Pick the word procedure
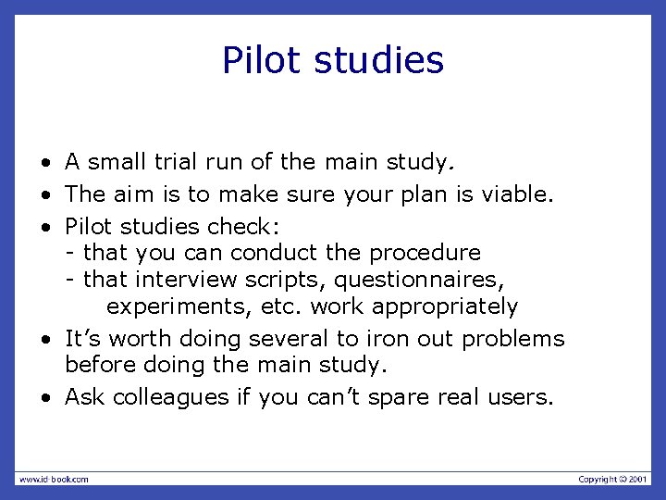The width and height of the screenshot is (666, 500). (425, 252)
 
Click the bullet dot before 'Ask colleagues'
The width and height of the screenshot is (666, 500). (44, 398)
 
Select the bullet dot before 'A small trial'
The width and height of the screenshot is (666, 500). (44, 164)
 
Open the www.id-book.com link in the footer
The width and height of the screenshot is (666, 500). (54, 479)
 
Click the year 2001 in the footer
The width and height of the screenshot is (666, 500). (638, 479)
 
